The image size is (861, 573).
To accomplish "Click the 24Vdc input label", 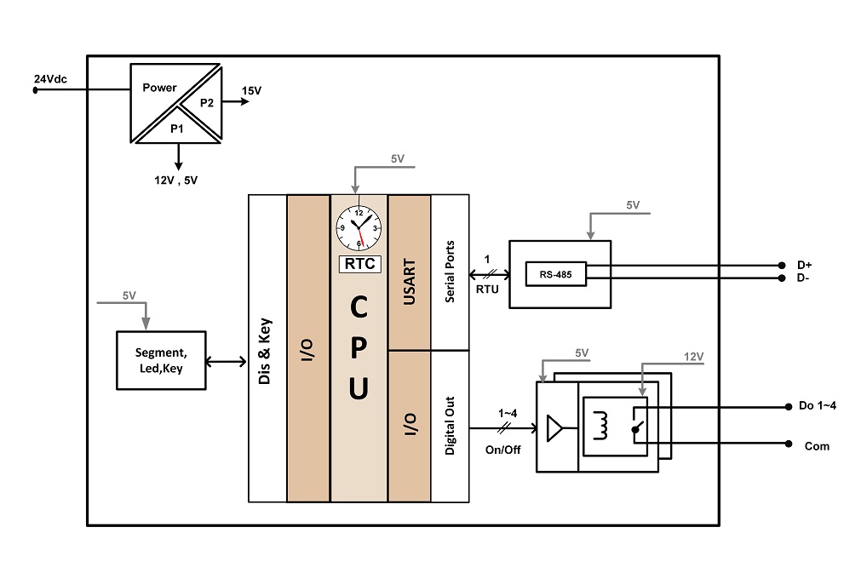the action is pyautogui.click(x=50, y=79).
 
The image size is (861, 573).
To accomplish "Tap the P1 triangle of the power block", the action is pyautogui.click(x=177, y=129).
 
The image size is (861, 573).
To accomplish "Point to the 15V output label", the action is pyautogui.click(x=251, y=90).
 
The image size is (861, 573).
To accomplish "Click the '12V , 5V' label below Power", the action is pyautogui.click(x=175, y=180).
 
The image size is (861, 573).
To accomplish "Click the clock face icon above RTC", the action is pyautogui.click(x=359, y=228).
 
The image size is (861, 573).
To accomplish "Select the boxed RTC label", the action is pyautogui.click(x=359, y=264).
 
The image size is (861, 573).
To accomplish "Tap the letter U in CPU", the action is pyautogui.click(x=359, y=388).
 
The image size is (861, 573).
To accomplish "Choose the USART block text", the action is pyautogui.click(x=409, y=282).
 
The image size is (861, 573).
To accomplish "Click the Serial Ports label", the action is pyautogui.click(x=450, y=272).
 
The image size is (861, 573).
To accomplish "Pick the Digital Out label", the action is pyautogui.click(x=450, y=426).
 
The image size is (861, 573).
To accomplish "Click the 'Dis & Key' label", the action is pyautogui.click(x=265, y=352).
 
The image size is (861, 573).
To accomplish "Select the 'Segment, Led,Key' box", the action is pyautogui.click(x=162, y=361).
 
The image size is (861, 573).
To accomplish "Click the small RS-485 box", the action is pyautogui.click(x=556, y=274).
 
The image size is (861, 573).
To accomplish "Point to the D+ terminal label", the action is pyautogui.click(x=805, y=265).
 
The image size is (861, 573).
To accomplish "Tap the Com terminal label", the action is pyautogui.click(x=817, y=446).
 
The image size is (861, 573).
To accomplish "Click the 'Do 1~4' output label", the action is pyautogui.click(x=818, y=405).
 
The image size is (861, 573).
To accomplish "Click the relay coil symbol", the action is pyautogui.click(x=601, y=426).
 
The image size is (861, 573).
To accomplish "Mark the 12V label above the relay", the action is pyautogui.click(x=693, y=357).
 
